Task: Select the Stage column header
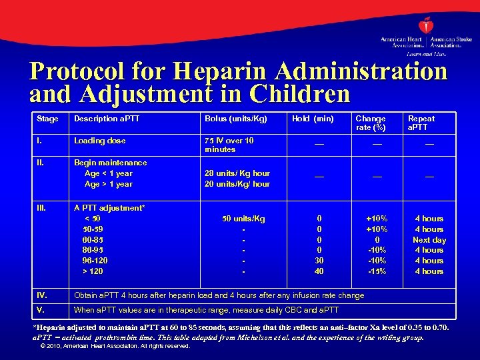[x=47, y=119]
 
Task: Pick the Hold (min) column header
[x=313, y=119]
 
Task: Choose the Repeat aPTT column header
[x=421, y=123]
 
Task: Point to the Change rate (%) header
[x=370, y=123]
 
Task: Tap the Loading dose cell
[x=99, y=141]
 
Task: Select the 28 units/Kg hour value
[x=237, y=173]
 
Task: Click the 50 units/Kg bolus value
[x=243, y=219]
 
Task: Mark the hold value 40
[x=319, y=271]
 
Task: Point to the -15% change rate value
[x=377, y=271]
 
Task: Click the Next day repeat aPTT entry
[x=429, y=240]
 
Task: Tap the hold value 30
[x=319, y=261]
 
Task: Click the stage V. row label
[x=40, y=310]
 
